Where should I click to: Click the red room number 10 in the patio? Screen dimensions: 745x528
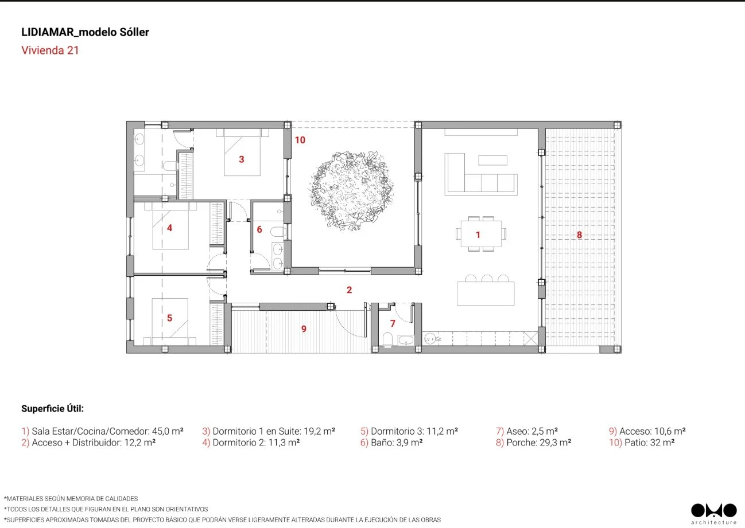click(x=300, y=140)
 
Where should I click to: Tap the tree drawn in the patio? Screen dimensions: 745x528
click(x=351, y=190)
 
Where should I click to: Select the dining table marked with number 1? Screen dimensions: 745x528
click(x=481, y=233)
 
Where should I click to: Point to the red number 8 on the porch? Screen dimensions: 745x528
click(x=579, y=235)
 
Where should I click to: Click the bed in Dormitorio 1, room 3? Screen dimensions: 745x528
click(x=242, y=152)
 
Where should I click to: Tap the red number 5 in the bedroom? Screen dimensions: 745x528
click(x=170, y=318)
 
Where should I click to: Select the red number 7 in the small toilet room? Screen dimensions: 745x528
click(x=393, y=323)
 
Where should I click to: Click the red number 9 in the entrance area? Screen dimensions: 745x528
click(x=304, y=329)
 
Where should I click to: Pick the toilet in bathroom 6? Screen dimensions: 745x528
click(x=278, y=232)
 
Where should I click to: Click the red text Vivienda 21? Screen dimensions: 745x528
click(x=50, y=50)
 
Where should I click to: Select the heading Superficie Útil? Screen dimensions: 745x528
click(x=53, y=408)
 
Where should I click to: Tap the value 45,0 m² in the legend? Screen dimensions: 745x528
click(x=168, y=431)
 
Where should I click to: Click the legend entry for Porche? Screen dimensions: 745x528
click(x=533, y=442)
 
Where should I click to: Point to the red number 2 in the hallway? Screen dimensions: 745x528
click(x=349, y=290)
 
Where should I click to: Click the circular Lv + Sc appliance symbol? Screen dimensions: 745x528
click(x=430, y=339)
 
